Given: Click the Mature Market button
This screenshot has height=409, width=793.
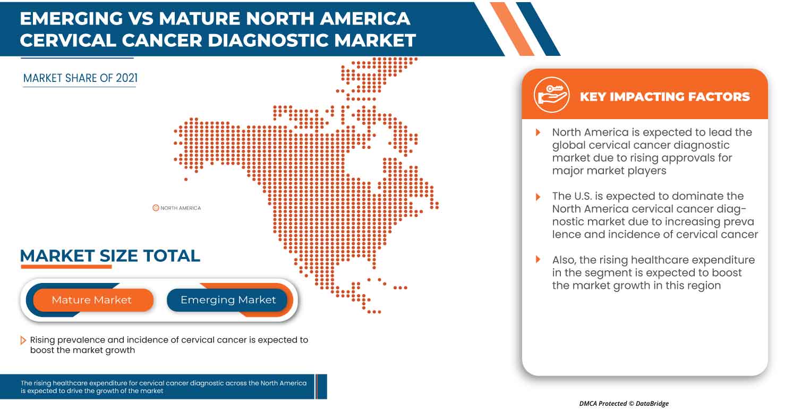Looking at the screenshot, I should [x=91, y=300].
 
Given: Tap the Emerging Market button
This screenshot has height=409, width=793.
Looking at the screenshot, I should [x=228, y=300].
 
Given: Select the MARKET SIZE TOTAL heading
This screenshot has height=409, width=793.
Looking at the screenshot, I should [x=110, y=256].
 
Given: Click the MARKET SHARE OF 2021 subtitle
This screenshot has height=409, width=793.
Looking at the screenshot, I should [x=80, y=78].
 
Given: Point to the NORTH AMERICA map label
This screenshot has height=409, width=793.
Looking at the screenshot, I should [x=181, y=208].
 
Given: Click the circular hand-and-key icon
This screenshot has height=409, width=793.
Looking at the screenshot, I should [x=551, y=95].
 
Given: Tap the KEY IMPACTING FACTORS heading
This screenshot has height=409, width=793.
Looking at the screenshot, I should [x=664, y=97].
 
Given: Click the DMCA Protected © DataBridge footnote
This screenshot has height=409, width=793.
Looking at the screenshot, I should [x=624, y=404].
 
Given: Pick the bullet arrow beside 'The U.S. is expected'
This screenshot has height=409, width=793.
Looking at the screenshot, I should [x=538, y=196].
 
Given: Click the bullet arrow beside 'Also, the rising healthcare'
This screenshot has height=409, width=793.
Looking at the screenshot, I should [x=538, y=260].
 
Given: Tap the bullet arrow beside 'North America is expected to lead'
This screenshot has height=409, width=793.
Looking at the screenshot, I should [x=538, y=132].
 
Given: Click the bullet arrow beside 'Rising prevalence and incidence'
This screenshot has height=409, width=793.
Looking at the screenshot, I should [x=23, y=340].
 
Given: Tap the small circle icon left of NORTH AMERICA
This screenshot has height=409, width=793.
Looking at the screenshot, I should [x=156, y=208].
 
